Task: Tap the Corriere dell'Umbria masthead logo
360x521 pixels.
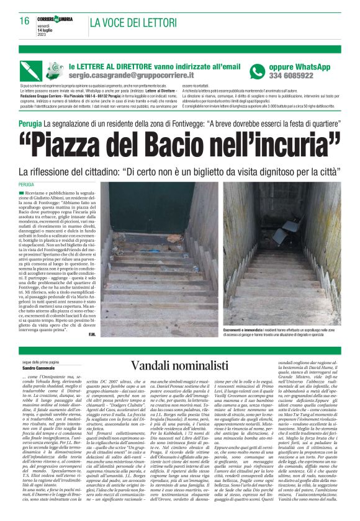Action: (x=58, y=19)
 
